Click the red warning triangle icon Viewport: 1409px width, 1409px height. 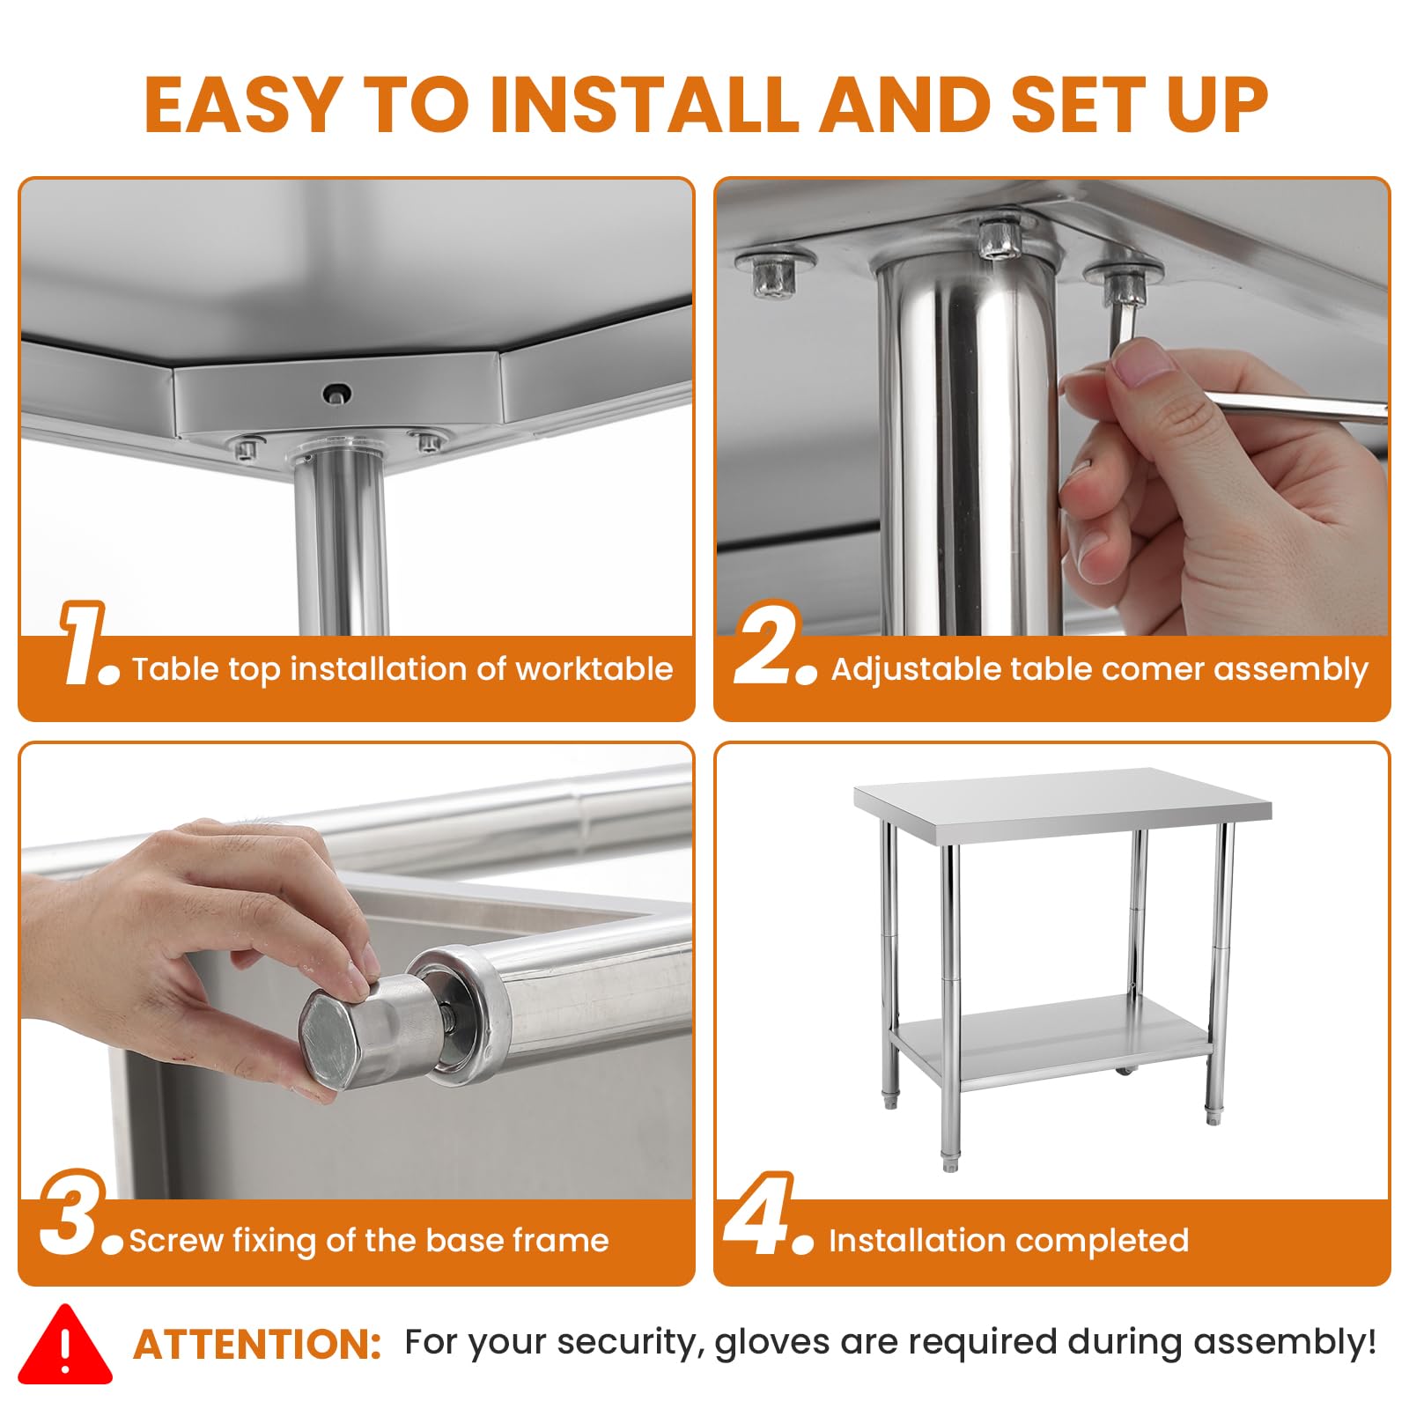[65, 1345]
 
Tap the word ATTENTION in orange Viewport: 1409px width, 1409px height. [257, 1345]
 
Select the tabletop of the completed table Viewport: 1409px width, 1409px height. [1062, 801]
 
